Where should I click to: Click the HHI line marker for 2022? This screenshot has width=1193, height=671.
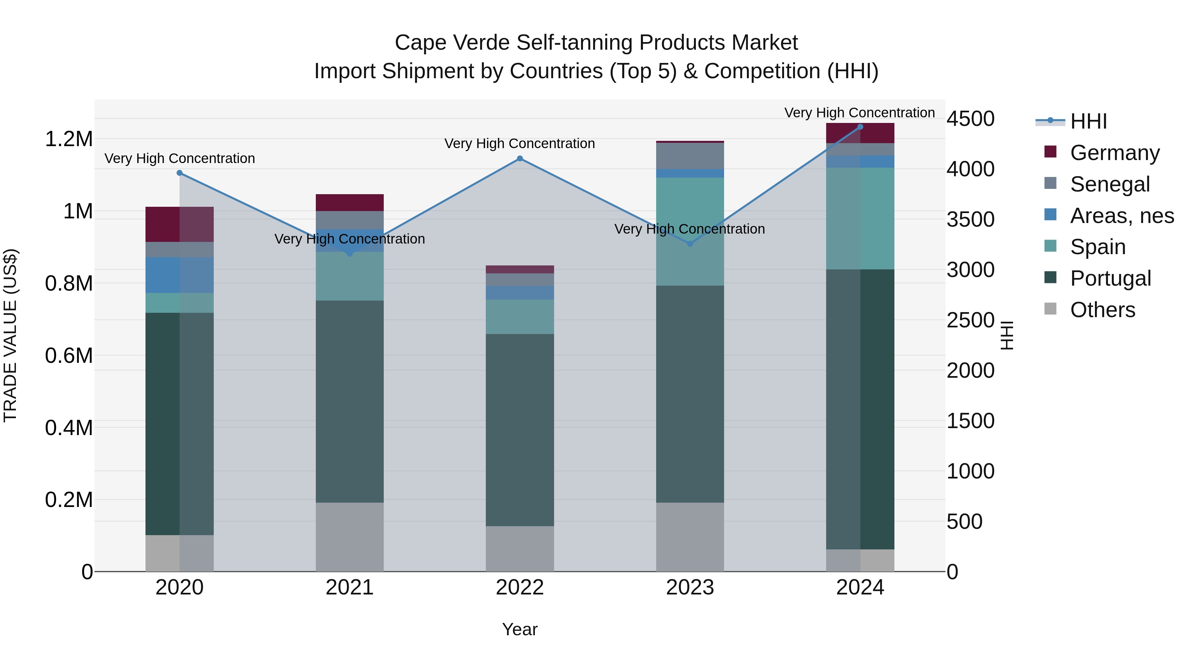coord(520,159)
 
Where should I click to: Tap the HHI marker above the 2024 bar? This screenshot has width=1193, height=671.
coord(860,127)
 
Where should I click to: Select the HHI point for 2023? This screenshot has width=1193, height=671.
coord(690,244)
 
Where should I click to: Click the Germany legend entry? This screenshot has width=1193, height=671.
coord(1114,153)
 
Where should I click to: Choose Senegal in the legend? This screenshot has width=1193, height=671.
coord(1109,184)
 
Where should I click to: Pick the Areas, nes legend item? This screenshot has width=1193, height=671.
coord(1122,216)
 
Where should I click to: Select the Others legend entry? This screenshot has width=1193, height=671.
coord(1102,310)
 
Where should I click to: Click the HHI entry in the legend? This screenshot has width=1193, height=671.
coord(1088,121)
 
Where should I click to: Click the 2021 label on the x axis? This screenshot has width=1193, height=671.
coord(350,587)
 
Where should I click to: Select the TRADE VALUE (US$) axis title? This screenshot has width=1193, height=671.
coord(10,335)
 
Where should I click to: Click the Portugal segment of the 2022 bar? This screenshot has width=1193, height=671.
coord(520,430)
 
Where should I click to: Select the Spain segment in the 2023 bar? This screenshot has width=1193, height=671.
coord(690,232)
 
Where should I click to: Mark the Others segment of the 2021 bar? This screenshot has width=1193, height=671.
coord(350,537)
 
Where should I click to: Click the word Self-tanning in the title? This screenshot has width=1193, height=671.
coord(575,43)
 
